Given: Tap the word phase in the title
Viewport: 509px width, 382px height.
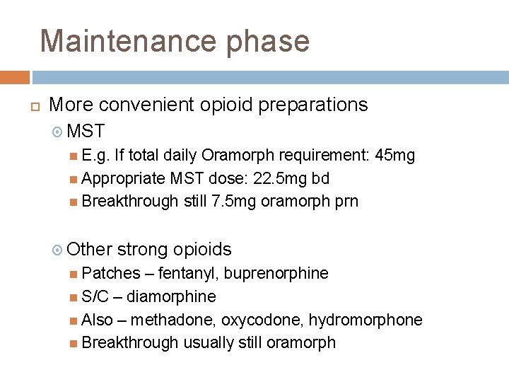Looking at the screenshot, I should (269, 42).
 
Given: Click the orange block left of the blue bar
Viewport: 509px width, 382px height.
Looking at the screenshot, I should (15, 77).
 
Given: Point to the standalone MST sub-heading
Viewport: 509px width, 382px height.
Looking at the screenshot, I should (88, 131).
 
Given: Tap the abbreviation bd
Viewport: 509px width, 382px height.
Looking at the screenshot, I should (320, 178).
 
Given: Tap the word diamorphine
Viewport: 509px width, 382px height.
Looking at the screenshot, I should (171, 296).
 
